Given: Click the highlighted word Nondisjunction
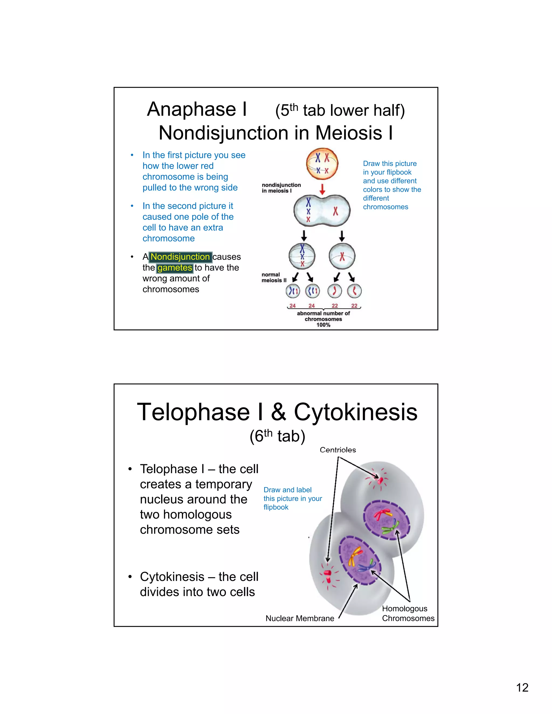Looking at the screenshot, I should click(180, 257).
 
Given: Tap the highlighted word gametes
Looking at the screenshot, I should click(175, 268).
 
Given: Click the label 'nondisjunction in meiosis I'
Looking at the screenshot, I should click(281, 188).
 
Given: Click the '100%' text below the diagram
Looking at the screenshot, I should click(323, 325).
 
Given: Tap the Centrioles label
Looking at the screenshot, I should click(338, 450).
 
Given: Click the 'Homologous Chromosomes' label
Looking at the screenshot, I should click(408, 613).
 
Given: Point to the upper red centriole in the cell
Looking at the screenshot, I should click(380, 480).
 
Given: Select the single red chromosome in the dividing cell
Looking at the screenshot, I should click(336, 212).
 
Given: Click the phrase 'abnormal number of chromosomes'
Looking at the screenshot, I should click(323, 316).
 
